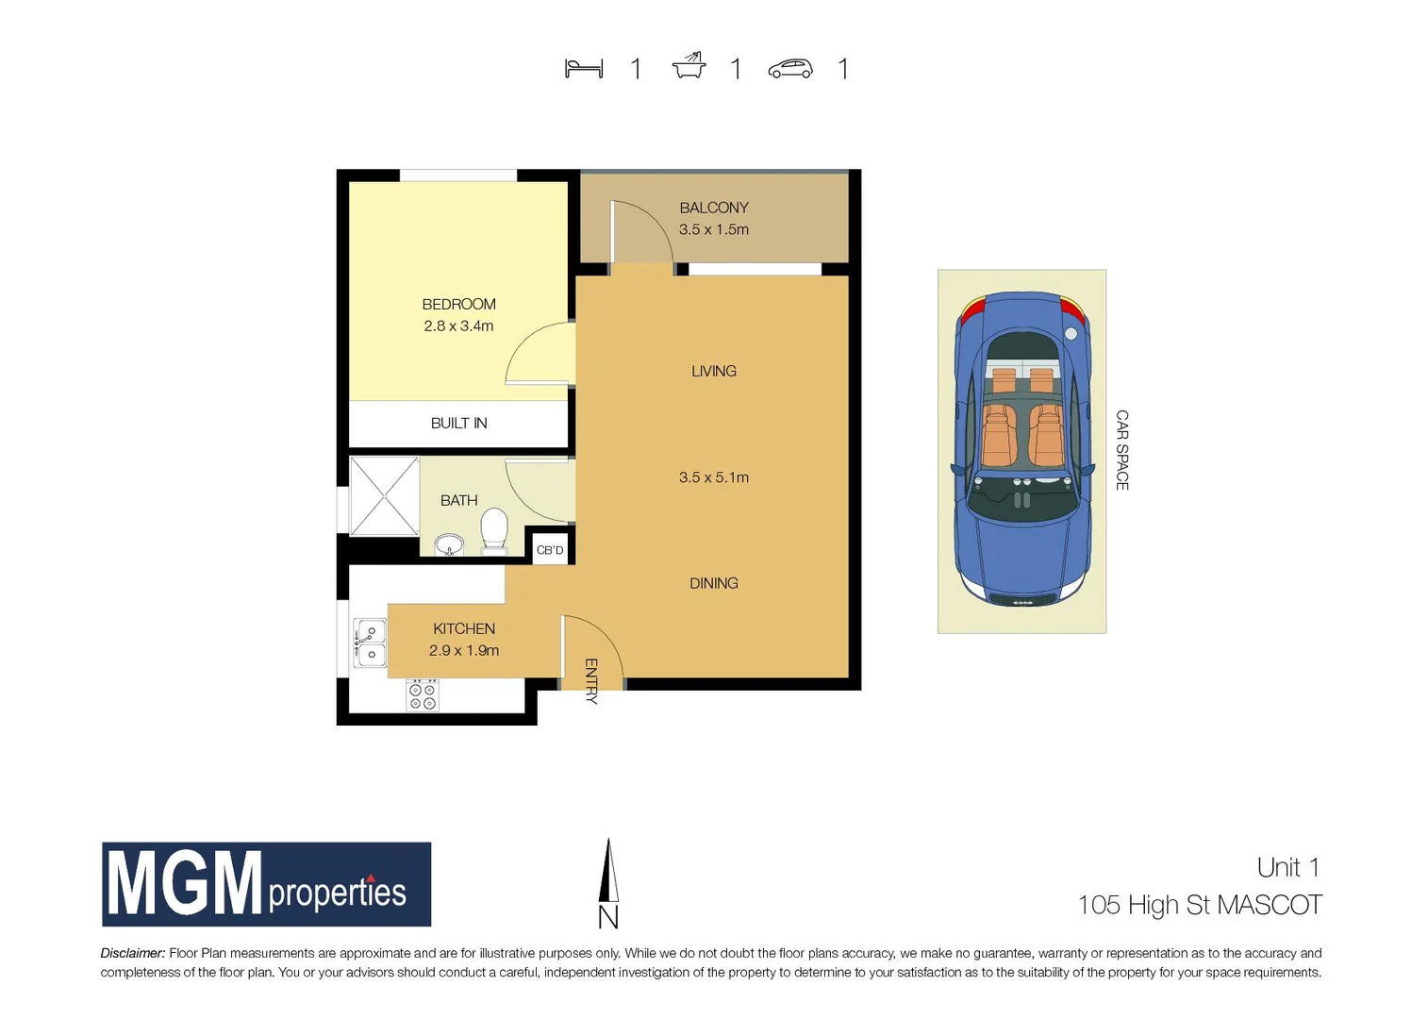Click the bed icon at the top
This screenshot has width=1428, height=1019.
click(584, 69)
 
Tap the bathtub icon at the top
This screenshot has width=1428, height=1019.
click(689, 66)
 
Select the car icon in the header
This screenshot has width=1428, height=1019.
click(790, 69)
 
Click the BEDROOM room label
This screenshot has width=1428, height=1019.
click(458, 304)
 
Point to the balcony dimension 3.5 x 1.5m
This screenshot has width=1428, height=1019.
click(714, 229)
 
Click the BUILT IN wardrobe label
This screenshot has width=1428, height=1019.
click(458, 423)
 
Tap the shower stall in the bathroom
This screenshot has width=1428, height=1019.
click(384, 496)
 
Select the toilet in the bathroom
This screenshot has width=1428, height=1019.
click(494, 530)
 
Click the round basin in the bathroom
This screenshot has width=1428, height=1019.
click(449, 545)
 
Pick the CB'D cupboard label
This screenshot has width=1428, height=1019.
click(550, 550)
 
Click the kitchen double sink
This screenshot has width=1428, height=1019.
click(370, 643)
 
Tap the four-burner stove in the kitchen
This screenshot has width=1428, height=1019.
click(422, 695)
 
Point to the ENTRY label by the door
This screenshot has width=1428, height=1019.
click(591, 681)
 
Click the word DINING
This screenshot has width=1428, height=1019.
click(714, 583)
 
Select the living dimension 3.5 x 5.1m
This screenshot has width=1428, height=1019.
click(714, 477)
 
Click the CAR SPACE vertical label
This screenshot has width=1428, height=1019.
click(1121, 450)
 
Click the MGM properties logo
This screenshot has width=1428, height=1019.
click(266, 884)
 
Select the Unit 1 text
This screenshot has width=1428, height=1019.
click(1287, 867)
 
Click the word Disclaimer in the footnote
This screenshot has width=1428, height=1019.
click(133, 953)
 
